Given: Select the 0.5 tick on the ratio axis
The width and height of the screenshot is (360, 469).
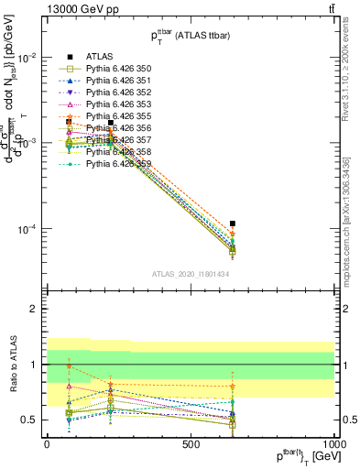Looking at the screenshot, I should (x=30, y=420).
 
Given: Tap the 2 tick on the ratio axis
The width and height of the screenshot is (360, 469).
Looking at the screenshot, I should (x=35, y=309).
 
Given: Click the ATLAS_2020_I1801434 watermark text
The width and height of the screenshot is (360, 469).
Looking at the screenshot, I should (x=191, y=274).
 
